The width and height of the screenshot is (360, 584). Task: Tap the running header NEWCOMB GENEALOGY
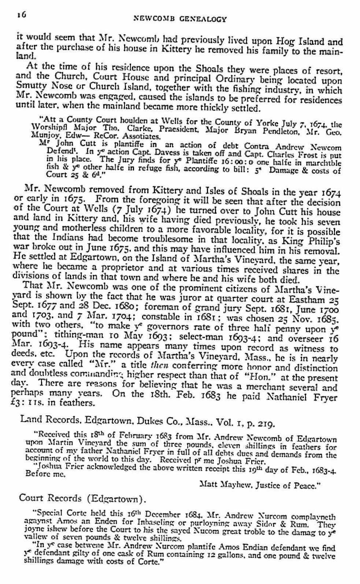[x=179, y=19]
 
